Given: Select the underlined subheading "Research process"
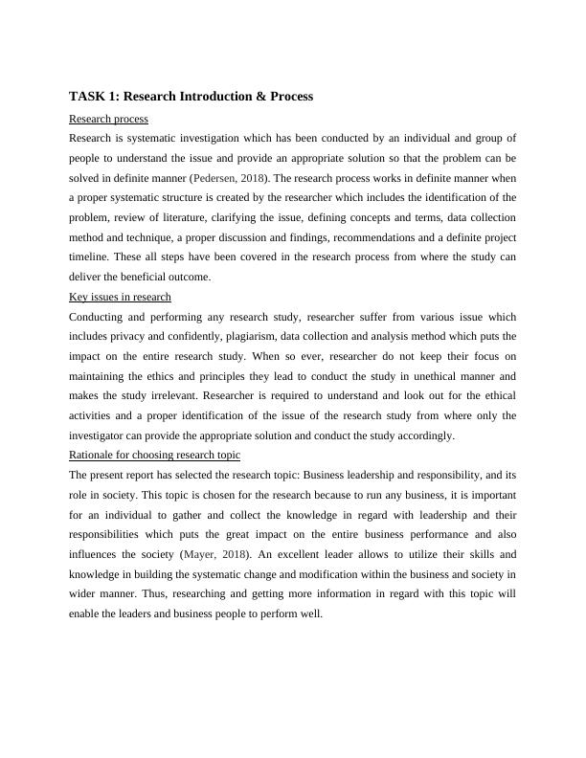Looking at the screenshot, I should click(x=109, y=119).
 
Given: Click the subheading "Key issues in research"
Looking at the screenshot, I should click(x=121, y=297).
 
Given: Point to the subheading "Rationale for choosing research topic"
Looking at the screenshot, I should click(x=155, y=455).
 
